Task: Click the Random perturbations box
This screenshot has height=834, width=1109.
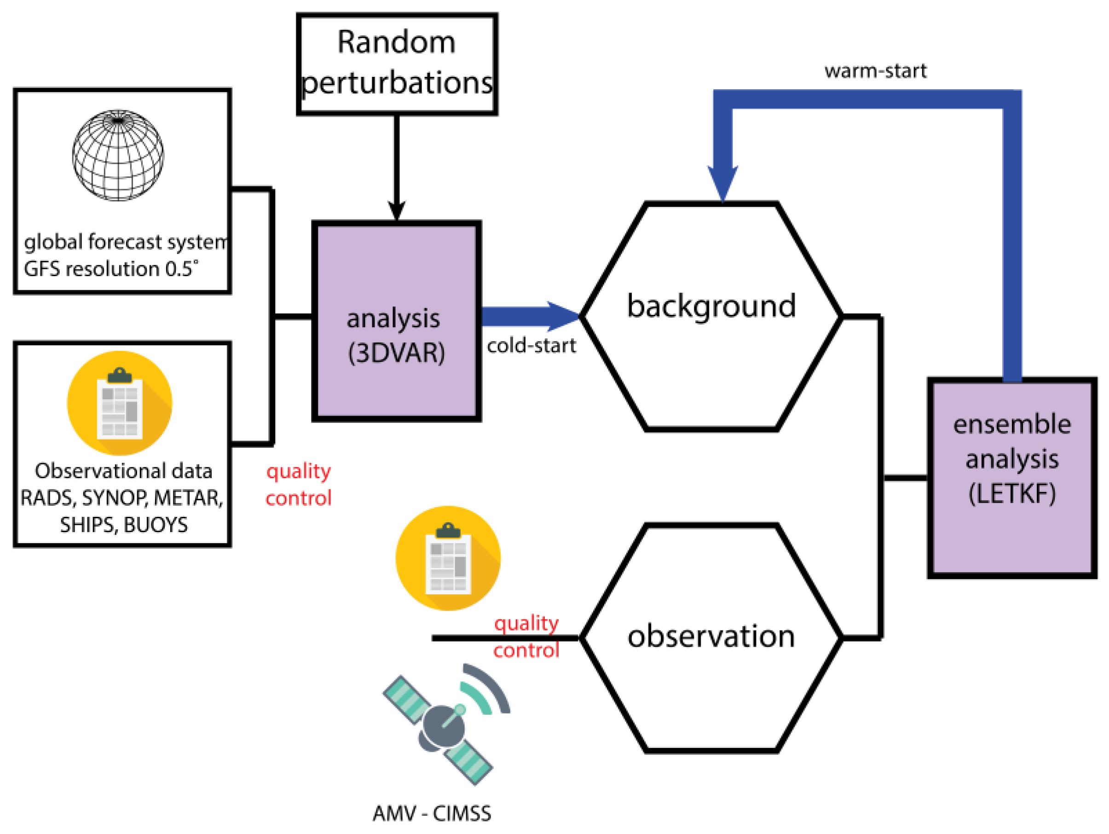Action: pyautogui.click(x=397, y=64)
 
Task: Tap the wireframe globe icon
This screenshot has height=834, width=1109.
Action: pyautogui.click(x=118, y=155)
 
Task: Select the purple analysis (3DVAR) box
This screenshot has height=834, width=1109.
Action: pyautogui.click(x=396, y=321)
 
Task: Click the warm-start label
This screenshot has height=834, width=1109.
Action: pyautogui.click(x=875, y=71)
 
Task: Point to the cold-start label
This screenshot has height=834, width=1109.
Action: pyautogui.click(x=531, y=346)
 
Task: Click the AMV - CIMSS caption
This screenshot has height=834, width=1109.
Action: pyautogui.click(x=432, y=813)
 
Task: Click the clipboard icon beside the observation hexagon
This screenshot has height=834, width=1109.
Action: pyautogui.click(x=448, y=558)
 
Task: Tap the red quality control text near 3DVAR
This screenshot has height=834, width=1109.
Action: pyautogui.click(x=299, y=485)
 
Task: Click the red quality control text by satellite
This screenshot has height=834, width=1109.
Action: pyautogui.click(x=526, y=637)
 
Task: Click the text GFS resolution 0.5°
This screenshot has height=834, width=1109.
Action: pyautogui.click(x=111, y=269)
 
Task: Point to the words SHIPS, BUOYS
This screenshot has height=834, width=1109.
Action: pyautogui.click(x=124, y=525)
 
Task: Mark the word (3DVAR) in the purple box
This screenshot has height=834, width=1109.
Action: pyautogui.click(x=396, y=353)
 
